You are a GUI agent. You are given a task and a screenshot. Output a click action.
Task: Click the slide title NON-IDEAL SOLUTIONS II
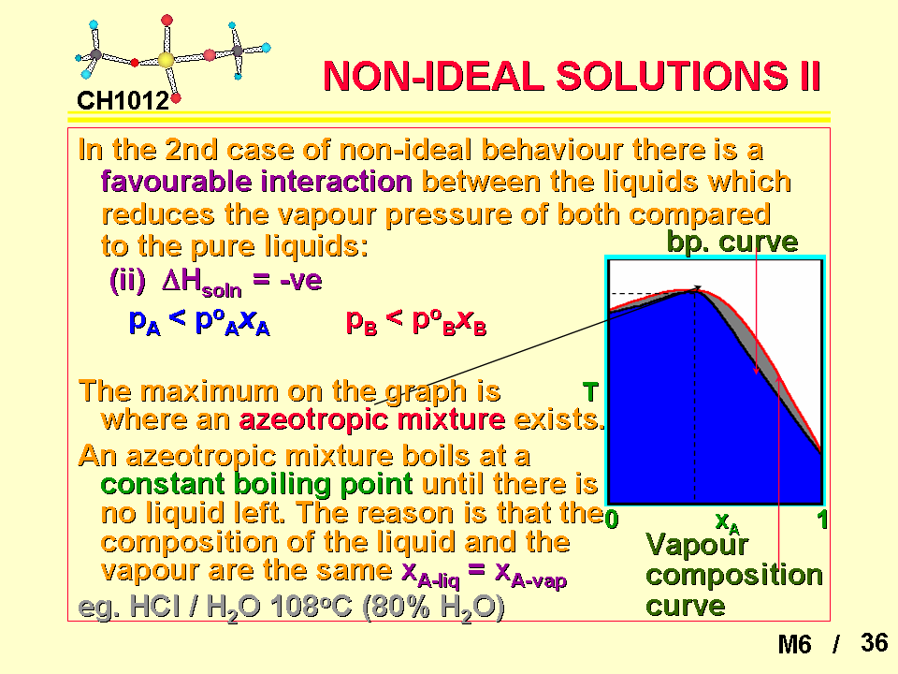coord(572,76)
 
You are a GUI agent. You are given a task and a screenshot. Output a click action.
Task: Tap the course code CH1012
coord(123,101)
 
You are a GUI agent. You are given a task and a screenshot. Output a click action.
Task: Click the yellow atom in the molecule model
coord(166,60)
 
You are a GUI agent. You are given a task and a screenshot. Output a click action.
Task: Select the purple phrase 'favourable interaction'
coord(256,182)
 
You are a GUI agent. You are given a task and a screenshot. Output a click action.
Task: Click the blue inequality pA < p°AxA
coord(199,321)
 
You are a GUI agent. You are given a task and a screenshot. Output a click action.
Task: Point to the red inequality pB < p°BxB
coord(416,321)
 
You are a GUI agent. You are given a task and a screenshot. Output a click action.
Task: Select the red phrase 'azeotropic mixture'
coord(372,419)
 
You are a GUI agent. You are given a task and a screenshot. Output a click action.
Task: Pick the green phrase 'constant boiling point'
coord(256,484)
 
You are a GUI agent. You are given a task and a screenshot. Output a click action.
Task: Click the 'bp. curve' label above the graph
coord(732,242)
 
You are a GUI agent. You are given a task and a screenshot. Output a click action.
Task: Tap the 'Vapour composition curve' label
coord(734,575)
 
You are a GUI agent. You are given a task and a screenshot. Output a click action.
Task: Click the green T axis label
coord(590,392)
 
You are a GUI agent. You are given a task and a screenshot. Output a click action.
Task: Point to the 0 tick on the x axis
coord(612,520)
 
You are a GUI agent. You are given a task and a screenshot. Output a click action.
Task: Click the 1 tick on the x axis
coord(822,520)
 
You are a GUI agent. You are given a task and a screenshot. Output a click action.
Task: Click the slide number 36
coord(874,642)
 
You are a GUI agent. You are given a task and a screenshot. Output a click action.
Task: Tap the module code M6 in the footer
coord(794,644)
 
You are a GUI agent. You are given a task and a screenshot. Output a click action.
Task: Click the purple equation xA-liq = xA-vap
coord(484,574)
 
